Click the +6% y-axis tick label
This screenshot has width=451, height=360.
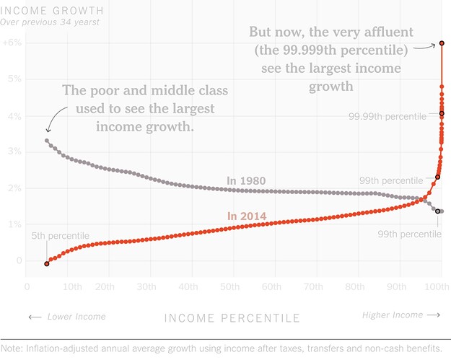(x=12, y=43)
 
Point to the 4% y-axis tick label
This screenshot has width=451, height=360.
(x=14, y=116)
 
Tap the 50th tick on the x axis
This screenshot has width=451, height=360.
(x=229, y=286)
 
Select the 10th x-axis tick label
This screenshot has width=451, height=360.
(x=72, y=286)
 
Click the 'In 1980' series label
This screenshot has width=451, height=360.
(x=246, y=181)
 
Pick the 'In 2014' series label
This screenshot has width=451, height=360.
(x=247, y=216)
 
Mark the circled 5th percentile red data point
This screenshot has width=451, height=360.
(x=47, y=263)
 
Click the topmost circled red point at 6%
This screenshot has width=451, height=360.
(x=442, y=43)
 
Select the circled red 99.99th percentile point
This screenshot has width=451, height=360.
(x=442, y=113)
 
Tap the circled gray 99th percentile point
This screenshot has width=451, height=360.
(x=438, y=211)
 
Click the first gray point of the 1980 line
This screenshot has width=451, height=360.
(x=47, y=141)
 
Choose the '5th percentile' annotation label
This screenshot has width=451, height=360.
(x=61, y=236)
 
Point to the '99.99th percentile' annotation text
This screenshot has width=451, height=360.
(x=387, y=116)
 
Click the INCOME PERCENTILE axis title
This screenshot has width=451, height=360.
(x=232, y=318)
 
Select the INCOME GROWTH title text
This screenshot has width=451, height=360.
(x=52, y=11)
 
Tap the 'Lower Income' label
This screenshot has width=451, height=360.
(x=76, y=317)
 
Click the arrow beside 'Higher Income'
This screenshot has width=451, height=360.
(x=434, y=315)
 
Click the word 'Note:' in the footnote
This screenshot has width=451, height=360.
(x=12, y=348)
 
